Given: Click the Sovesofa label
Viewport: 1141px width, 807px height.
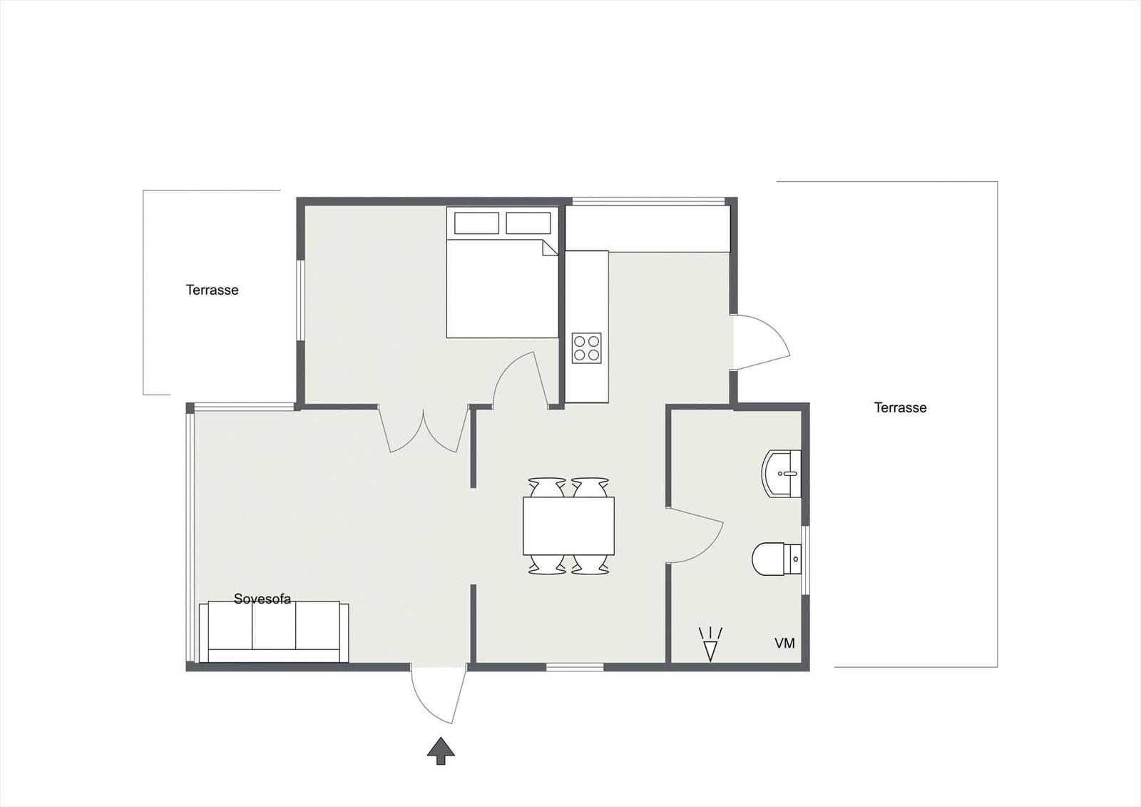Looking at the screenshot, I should click(x=262, y=599).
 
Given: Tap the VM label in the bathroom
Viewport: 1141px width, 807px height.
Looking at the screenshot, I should click(x=784, y=644).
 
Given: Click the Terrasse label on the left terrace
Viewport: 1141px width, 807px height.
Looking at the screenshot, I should click(x=212, y=290).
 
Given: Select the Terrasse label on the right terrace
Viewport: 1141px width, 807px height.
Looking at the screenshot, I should click(x=900, y=407).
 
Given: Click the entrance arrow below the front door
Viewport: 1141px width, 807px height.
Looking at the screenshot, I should click(x=441, y=751).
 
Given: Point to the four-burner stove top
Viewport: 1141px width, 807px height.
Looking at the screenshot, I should click(x=586, y=348).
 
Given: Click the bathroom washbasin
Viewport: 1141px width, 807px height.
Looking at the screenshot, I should click(x=783, y=473).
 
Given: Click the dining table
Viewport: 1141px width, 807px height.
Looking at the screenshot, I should click(x=568, y=526).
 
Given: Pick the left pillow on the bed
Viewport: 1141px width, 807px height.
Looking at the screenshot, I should click(x=476, y=223).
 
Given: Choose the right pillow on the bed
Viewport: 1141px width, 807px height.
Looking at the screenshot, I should click(x=528, y=223).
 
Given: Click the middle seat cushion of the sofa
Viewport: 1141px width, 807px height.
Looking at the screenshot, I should click(x=274, y=626).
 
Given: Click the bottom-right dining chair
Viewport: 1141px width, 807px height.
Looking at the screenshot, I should click(x=590, y=565).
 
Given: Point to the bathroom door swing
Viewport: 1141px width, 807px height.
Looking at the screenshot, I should click(x=695, y=535).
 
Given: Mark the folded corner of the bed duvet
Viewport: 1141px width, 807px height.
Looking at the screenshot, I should click(x=549, y=248).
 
